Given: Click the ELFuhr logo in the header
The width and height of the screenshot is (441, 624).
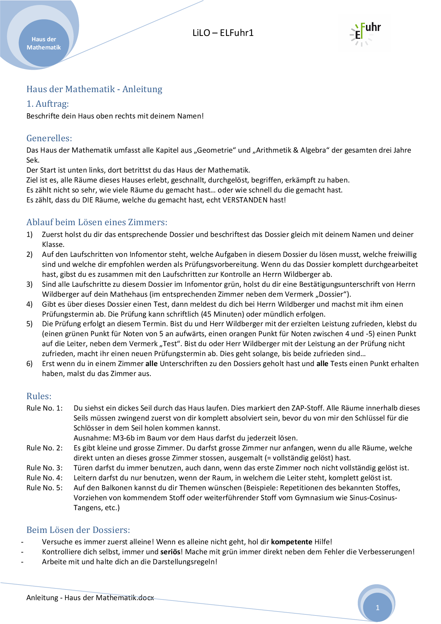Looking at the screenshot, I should (x=365, y=33).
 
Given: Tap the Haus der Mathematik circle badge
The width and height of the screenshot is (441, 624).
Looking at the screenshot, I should (x=44, y=43).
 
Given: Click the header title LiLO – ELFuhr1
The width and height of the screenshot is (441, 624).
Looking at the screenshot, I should (x=223, y=33).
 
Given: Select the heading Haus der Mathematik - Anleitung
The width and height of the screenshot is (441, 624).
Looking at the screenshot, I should (x=94, y=89).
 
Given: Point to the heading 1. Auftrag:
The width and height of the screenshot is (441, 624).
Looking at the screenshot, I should (x=48, y=104).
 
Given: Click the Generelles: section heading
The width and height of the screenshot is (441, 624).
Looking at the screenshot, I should (x=49, y=138).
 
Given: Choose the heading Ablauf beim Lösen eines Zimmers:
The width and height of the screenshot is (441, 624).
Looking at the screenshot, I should (x=97, y=222).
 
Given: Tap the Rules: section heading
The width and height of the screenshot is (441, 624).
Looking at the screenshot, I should (x=39, y=396).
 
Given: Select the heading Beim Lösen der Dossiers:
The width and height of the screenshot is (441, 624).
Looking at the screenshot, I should (x=78, y=530).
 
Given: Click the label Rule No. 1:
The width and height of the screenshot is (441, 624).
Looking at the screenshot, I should (x=44, y=408).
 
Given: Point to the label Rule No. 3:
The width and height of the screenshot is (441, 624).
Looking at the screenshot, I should (x=44, y=468).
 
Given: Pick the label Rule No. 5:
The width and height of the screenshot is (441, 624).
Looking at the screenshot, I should (x=44, y=488).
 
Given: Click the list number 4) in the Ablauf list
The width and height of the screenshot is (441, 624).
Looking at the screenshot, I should (x=30, y=304).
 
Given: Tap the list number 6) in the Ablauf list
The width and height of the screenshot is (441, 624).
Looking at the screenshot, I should (x=30, y=364).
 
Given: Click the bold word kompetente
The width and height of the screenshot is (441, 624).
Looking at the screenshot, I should (x=291, y=542).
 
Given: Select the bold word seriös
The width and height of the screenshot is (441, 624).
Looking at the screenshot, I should (x=170, y=552).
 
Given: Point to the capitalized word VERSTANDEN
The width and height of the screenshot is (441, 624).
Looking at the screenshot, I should (x=245, y=200).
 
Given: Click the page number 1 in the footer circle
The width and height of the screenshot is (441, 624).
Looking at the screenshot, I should (x=378, y=608).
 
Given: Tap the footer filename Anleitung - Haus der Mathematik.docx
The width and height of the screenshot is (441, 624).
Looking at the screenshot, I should (x=90, y=598).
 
